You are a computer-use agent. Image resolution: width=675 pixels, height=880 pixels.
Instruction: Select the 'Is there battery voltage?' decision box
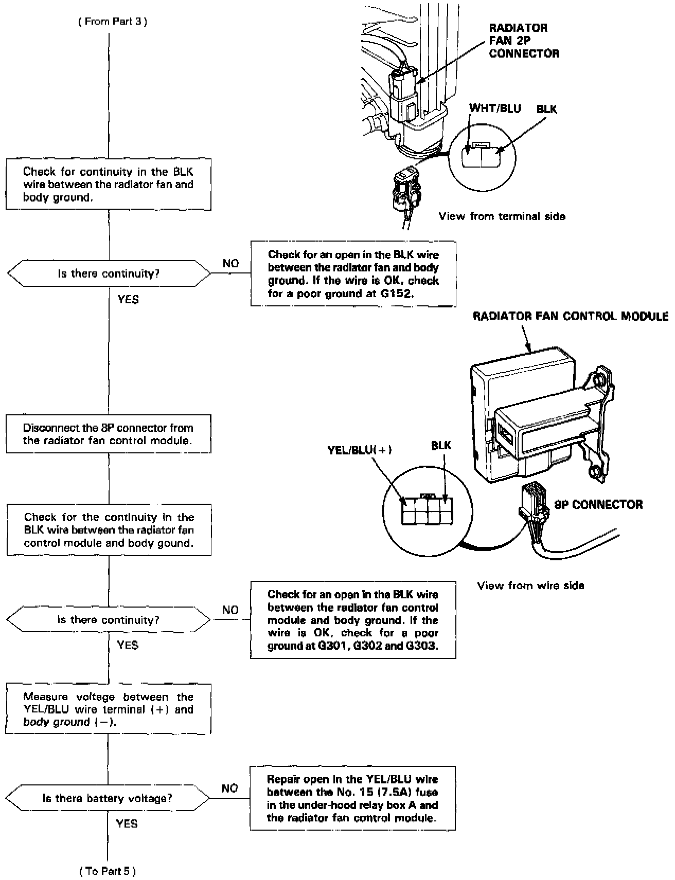click(x=108, y=798)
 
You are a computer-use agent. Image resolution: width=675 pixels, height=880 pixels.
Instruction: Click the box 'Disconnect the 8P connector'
click(x=109, y=434)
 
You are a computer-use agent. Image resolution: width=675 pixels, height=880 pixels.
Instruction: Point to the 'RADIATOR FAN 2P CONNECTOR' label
click(x=523, y=41)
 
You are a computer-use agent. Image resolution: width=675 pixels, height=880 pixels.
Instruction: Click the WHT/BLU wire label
click(x=495, y=108)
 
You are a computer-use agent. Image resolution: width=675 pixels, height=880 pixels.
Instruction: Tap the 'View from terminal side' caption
click(x=502, y=216)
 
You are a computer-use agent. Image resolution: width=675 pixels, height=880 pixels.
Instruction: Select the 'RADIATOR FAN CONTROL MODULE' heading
click(x=570, y=316)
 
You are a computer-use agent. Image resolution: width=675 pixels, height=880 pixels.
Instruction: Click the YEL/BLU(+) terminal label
click(x=360, y=450)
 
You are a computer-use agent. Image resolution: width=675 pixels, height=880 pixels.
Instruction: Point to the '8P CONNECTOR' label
click(x=598, y=504)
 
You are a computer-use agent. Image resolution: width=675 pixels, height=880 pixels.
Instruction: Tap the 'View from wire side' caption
click(x=530, y=585)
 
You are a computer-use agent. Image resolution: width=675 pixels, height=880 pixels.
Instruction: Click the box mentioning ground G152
click(x=353, y=274)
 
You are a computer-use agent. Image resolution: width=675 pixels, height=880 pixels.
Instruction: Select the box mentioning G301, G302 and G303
click(x=353, y=619)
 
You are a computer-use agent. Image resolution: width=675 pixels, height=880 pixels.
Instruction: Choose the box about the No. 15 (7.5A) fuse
click(x=352, y=798)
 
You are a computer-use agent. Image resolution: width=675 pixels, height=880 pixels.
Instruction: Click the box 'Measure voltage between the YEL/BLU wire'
click(x=109, y=709)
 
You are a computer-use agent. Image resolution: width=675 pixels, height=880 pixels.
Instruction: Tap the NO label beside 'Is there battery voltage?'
click(x=229, y=788)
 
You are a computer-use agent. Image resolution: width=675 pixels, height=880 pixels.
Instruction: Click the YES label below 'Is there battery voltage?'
click(x=127, y=823)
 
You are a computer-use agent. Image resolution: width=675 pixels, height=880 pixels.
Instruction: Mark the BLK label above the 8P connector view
click(x=441, y=446)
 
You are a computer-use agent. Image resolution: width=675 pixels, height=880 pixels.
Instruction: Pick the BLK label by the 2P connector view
click(x=546, y=109)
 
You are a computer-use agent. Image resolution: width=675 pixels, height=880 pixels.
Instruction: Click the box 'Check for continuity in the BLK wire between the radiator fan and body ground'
click(x=109, y=184)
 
